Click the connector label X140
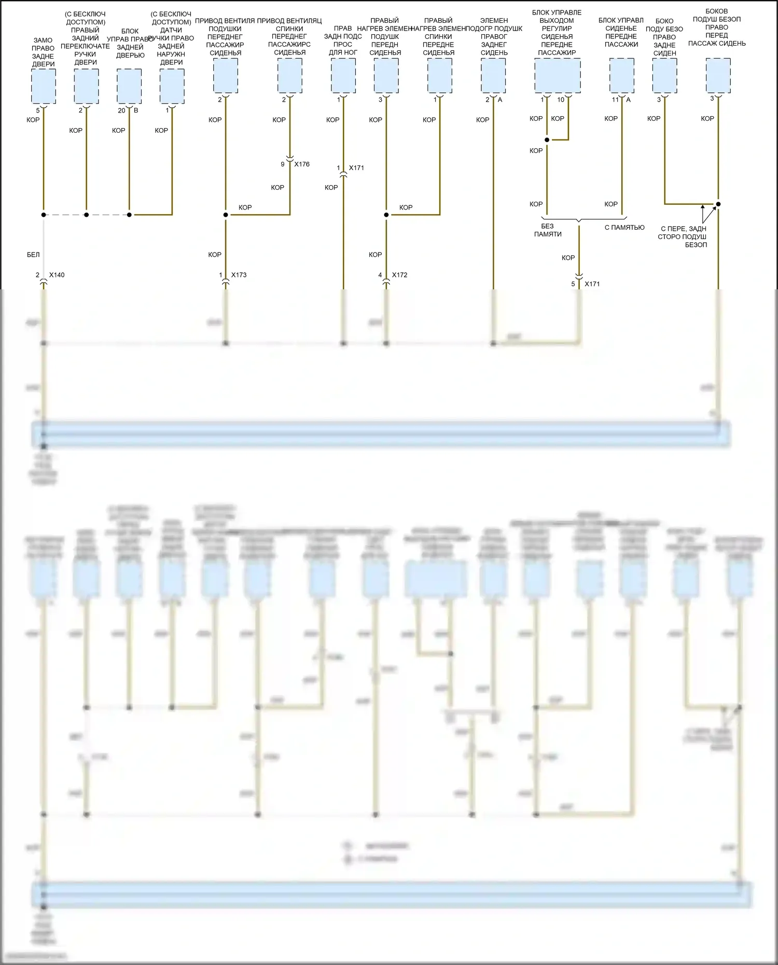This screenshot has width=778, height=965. tap(57, 275)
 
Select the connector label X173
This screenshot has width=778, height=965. tap(239, 275)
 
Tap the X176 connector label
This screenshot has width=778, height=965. tap(302, 164)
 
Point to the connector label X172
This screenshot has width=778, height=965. tap(399, 275)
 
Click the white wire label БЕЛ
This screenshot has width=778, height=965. tap(33, 255)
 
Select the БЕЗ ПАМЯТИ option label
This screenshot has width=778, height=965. tap(548, 230)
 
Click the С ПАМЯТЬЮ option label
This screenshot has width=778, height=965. tap(624, 227)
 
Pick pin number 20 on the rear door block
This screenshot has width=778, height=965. tap(121, 110)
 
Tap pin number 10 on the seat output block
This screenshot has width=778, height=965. tap(561, 100)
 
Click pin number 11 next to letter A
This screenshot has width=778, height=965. tap(615, 100)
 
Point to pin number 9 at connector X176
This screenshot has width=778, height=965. tap(283, 164)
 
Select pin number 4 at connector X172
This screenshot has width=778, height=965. tap(380, 275)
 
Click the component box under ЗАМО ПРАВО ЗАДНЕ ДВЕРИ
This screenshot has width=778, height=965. tap(44, 86)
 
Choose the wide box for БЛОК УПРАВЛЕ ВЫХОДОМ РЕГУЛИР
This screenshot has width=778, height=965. tap(557, 76)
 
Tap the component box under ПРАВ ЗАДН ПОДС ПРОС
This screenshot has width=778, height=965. tap(343, 76)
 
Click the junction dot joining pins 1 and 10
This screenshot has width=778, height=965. tap(547, 140)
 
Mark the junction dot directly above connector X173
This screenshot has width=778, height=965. tap(226, 215)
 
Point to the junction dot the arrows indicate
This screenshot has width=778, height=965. tap(718, 204)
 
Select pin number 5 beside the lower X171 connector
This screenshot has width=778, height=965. tap(573, 284)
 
